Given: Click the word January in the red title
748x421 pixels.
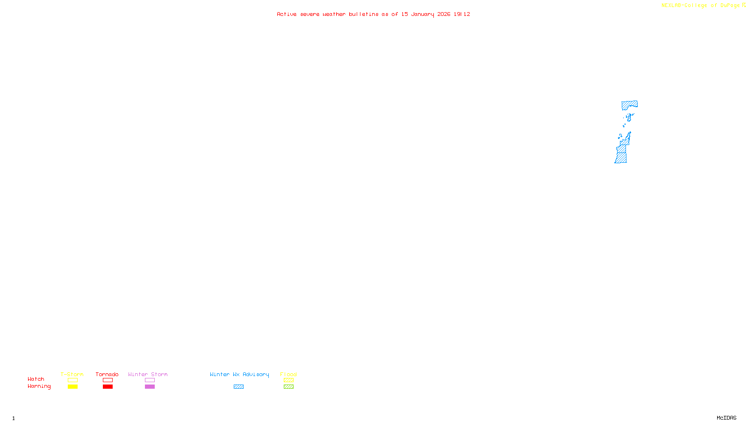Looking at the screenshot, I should [422, 15].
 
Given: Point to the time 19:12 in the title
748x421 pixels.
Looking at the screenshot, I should [461, 15].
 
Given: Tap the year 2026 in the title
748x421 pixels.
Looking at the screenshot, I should [444, 15].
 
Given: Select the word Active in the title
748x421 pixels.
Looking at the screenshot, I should [286, 15].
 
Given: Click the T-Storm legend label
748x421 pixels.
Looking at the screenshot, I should [72, 374].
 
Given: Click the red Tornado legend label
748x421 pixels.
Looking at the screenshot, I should [107, 374].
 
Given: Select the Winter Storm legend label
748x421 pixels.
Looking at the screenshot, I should [148, 374].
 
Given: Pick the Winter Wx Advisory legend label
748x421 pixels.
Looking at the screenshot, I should [239, 374].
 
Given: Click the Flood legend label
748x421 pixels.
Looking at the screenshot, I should [288, 374].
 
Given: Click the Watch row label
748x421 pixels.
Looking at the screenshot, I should [36, 379].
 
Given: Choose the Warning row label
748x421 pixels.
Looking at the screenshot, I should [39, 386].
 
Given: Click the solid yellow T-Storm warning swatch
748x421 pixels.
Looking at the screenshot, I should [72, 387].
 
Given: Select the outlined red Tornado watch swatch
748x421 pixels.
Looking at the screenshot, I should [108, 380].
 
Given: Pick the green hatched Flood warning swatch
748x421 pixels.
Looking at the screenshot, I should [288, 387].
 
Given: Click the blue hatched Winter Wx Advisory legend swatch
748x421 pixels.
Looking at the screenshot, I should [238, 387].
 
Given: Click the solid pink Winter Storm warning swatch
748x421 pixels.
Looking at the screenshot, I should [150, 387].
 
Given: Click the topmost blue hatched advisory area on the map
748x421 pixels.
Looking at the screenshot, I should [629, 105].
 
